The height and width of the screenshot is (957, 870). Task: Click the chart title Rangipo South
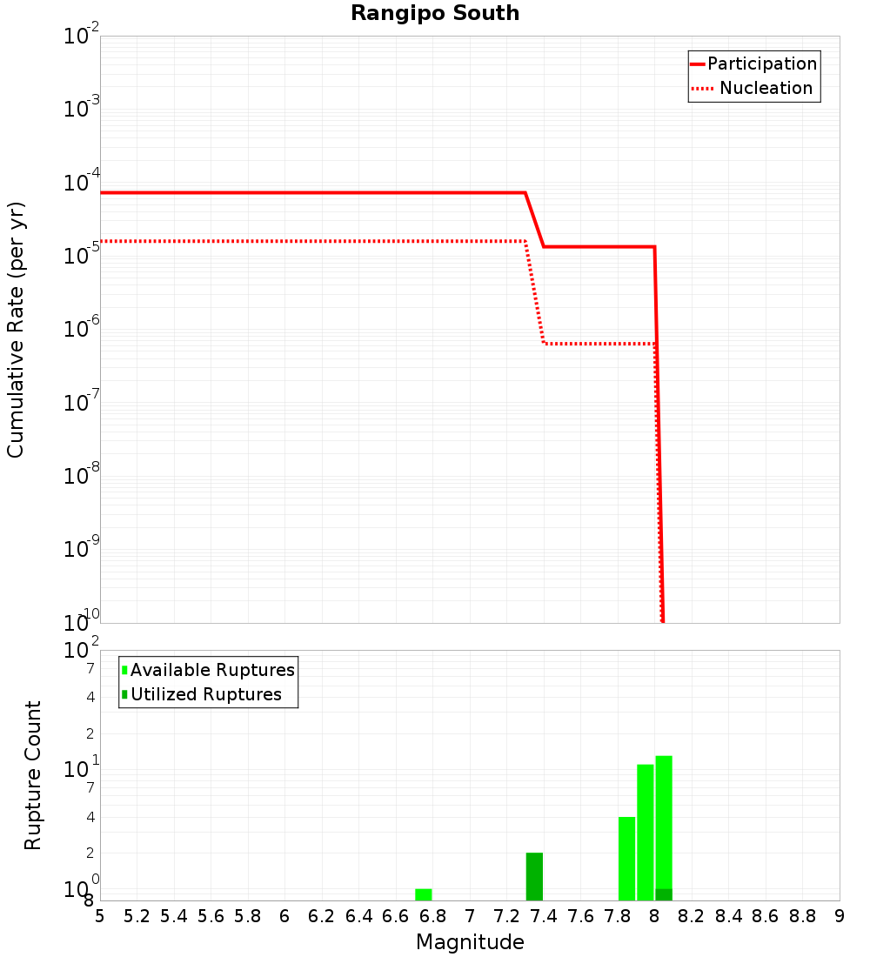click(435, 13)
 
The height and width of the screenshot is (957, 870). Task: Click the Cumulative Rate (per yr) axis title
click(16, 329)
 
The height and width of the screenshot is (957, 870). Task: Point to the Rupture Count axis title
click(33, 775)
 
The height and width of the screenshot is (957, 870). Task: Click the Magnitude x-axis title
click(470, 942)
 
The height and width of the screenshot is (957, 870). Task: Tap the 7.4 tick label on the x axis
click(544, 916)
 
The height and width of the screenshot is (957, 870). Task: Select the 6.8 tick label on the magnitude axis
click(432, 916)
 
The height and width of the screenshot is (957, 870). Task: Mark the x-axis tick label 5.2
click(137, 916)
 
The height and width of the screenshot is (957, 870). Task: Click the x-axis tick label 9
click(840, 916)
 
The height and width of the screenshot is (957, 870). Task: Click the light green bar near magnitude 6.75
click(424, 894)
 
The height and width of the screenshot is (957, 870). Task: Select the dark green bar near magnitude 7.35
click(534, 876)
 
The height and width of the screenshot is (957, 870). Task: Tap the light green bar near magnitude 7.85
click(626, 859)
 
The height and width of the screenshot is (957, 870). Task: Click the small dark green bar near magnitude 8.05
click(664, 894)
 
